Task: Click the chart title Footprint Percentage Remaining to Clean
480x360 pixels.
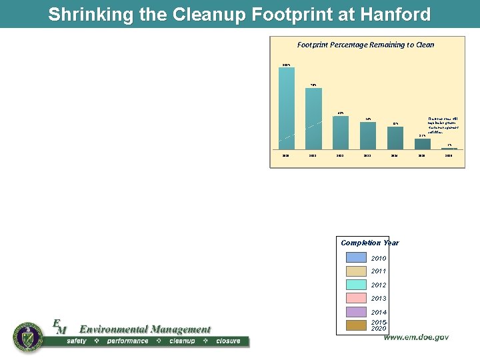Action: [365, 45]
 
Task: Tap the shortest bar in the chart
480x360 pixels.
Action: [449, 148]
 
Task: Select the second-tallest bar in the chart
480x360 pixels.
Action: [313, 118]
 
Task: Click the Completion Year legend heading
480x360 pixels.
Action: [369, 243]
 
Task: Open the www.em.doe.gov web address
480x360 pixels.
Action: [415, 337]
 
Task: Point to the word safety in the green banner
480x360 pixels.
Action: [81, 341]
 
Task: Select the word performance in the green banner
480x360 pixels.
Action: [128, 341]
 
